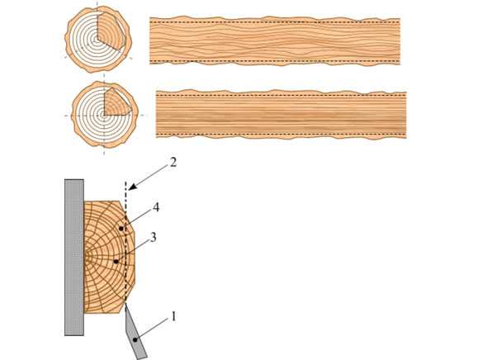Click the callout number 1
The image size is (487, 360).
[x=173, y=316]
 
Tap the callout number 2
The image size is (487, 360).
[x=173, y=162]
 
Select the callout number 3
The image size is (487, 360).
[x=154, y=238]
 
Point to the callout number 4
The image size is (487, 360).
[x=156, y=207]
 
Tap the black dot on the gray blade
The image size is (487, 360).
[x=135, y=340]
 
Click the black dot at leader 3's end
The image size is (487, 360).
[x=116, y=262]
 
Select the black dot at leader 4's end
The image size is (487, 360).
[x=121, y=229]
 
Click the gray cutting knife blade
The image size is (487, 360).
[x=135, y=333]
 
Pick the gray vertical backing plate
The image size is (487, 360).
[x=74, y=257]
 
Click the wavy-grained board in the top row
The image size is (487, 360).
[x=275, y=41]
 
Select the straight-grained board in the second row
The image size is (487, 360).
[x=281, y=115]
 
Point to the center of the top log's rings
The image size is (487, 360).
[x=97, y=40]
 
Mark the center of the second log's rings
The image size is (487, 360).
[x=104, y=116]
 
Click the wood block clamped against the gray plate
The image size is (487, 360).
[x=109, y=257]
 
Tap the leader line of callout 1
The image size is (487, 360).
[x=154, y=329]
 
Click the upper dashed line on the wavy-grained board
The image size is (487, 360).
[x=275, y=21]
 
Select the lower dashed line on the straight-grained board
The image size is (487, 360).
[x=281, y=134]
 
